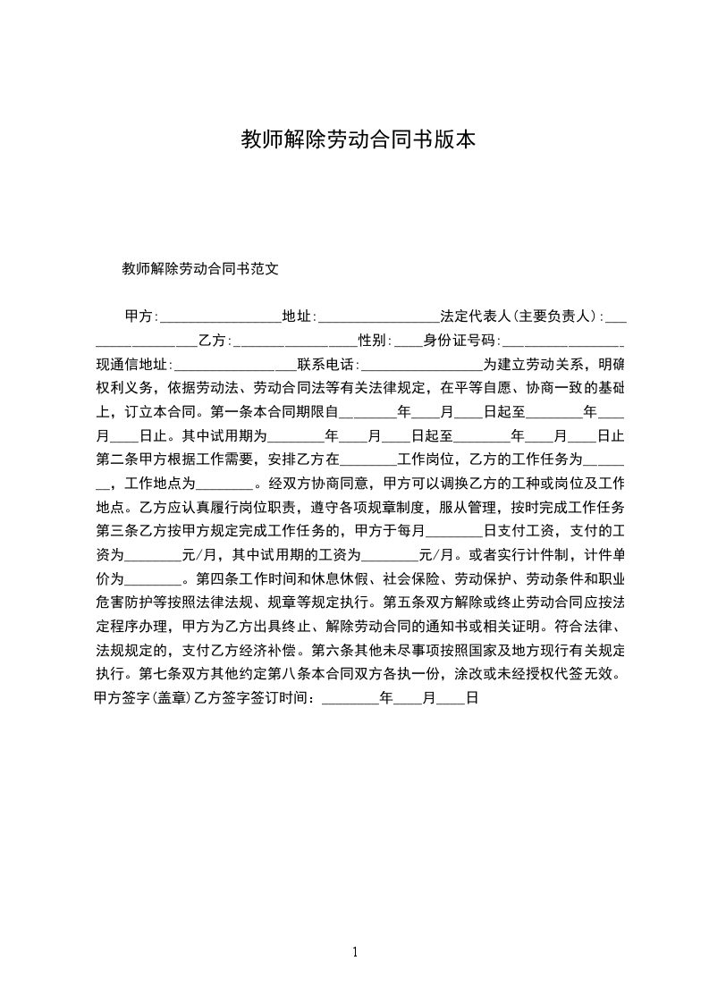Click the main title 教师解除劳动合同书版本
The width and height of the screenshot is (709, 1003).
[x=359, y=140]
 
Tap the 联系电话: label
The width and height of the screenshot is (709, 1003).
[x=328, y=365]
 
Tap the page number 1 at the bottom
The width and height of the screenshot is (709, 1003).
[x=355, y=952]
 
